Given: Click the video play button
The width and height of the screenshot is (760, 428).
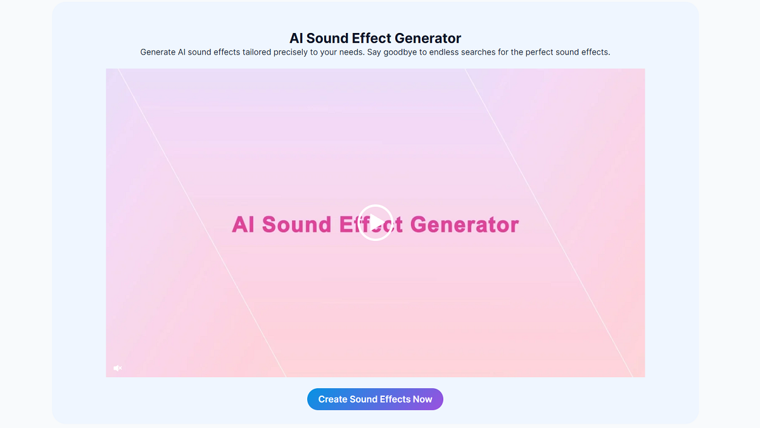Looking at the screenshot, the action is coord(375,223).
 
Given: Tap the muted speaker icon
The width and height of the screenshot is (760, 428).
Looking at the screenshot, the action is coord(117,368).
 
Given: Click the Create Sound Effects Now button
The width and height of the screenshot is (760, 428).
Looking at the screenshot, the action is coord(375,399).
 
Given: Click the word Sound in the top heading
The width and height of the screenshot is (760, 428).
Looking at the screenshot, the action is coord(328,39).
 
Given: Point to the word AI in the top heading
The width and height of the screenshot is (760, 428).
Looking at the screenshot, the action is coord(296,39).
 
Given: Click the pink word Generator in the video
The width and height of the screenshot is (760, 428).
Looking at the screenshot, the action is coord(464,224).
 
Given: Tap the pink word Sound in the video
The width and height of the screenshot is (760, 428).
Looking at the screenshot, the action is coord(296,224).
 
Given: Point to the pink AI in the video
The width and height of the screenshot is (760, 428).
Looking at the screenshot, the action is coord(244,224).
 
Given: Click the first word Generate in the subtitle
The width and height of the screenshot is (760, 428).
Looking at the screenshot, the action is coord(158,53).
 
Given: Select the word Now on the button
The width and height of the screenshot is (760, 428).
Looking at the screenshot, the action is coord(422,399).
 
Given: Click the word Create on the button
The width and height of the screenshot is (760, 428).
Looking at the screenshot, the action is coord(332,399).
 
